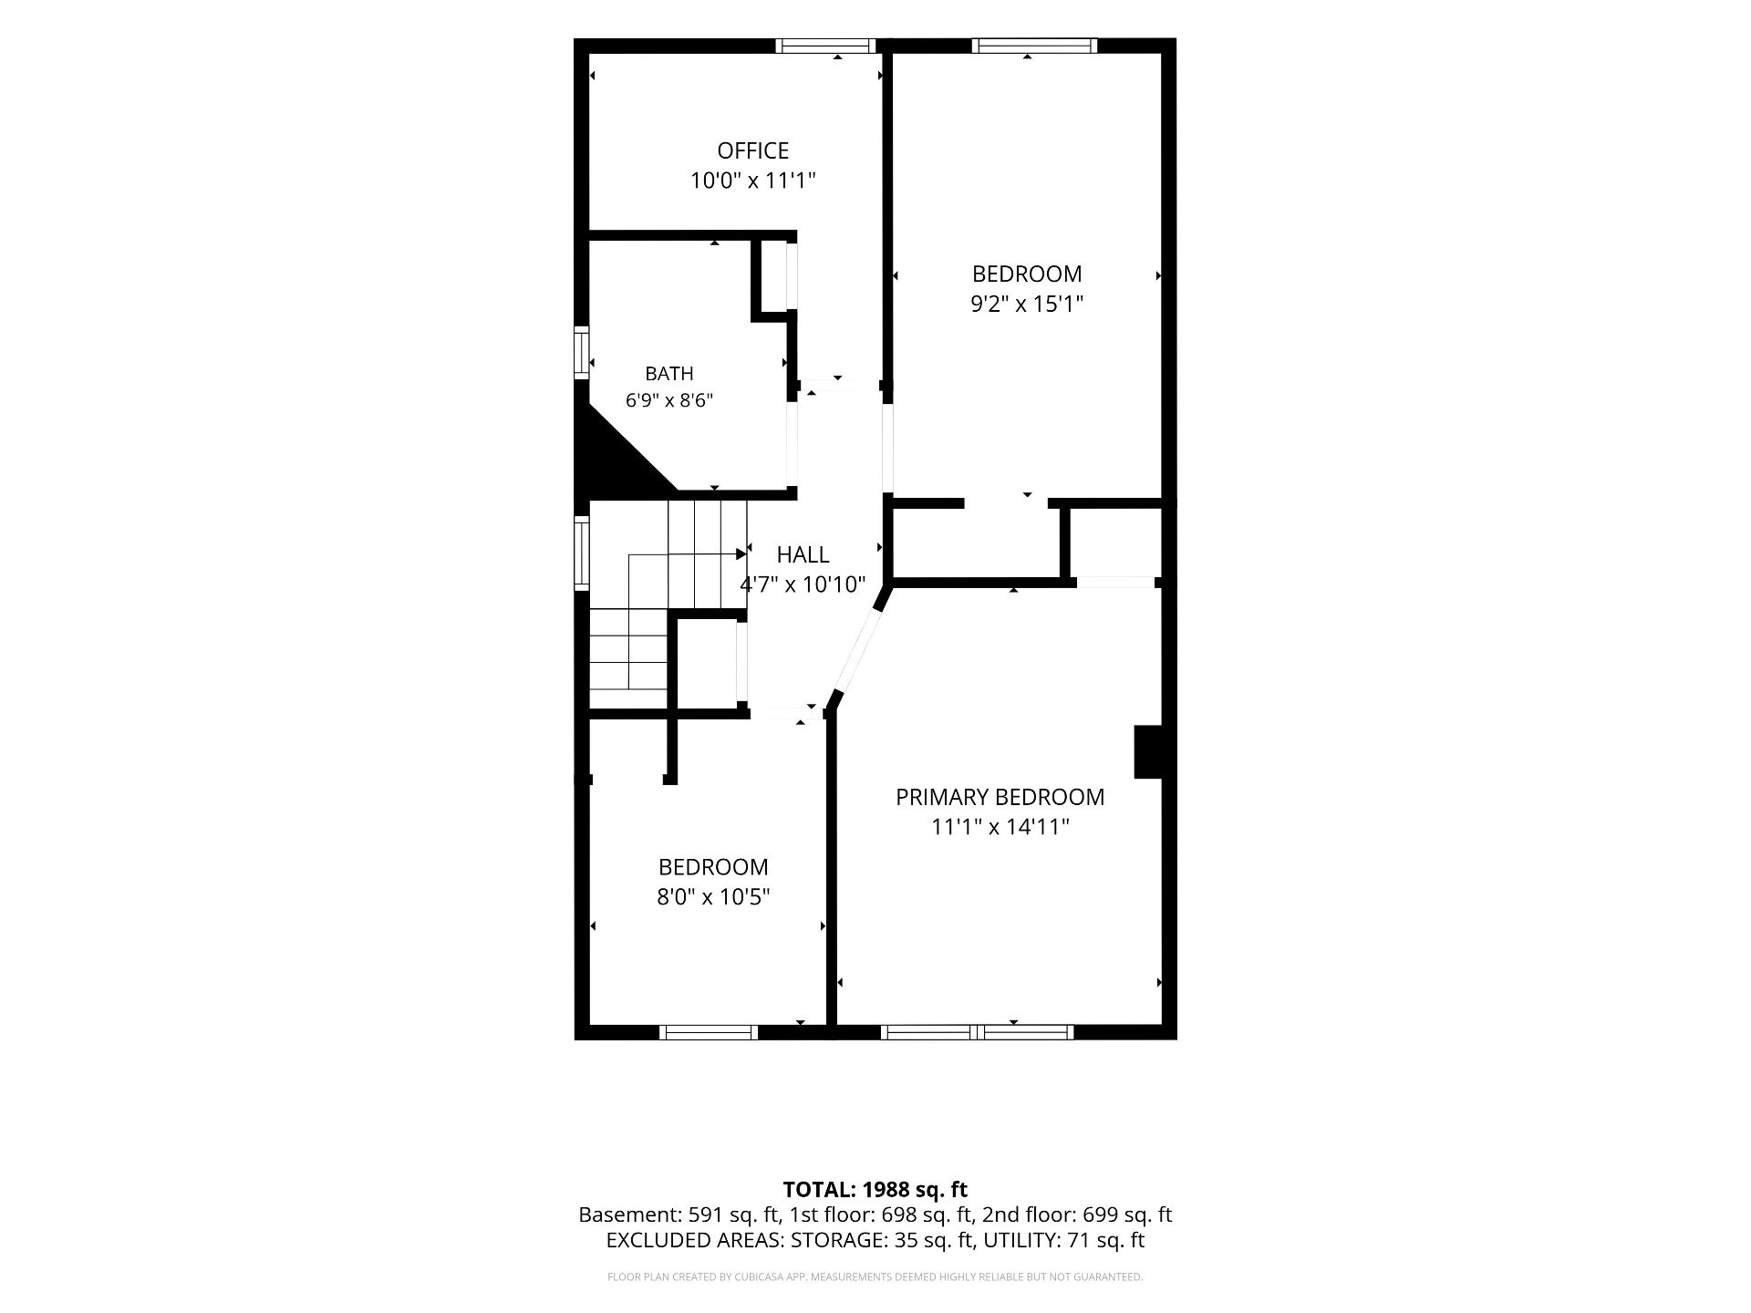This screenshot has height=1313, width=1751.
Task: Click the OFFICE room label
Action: [752, 150]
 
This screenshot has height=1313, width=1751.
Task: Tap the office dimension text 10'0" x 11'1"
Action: [752, 181]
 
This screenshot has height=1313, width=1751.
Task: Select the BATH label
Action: [669, 373]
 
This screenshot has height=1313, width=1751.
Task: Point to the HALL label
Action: [803, 554]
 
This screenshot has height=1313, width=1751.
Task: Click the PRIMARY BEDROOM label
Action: [1000, 797]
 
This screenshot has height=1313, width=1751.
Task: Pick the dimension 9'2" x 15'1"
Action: [1027, 304]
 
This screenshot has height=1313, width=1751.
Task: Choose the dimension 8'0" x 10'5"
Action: [713, 897]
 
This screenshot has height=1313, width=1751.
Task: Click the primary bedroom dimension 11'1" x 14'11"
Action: [1000, 827]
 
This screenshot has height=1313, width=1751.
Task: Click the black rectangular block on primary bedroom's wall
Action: [1147, 751]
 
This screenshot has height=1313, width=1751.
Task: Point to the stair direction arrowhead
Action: [742, 553]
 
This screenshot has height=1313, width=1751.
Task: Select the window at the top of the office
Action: [826, 46]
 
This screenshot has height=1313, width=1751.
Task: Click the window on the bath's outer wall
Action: [581, 353]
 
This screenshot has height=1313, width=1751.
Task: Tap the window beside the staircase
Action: [581, 553]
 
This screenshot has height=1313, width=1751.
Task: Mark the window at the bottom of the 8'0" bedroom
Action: [709, 1032]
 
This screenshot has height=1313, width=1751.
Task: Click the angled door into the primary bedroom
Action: [857, 650]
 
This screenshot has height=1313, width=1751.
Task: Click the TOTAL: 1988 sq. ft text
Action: [875, 1189]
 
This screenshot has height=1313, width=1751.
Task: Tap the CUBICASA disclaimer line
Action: [875, 1277]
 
